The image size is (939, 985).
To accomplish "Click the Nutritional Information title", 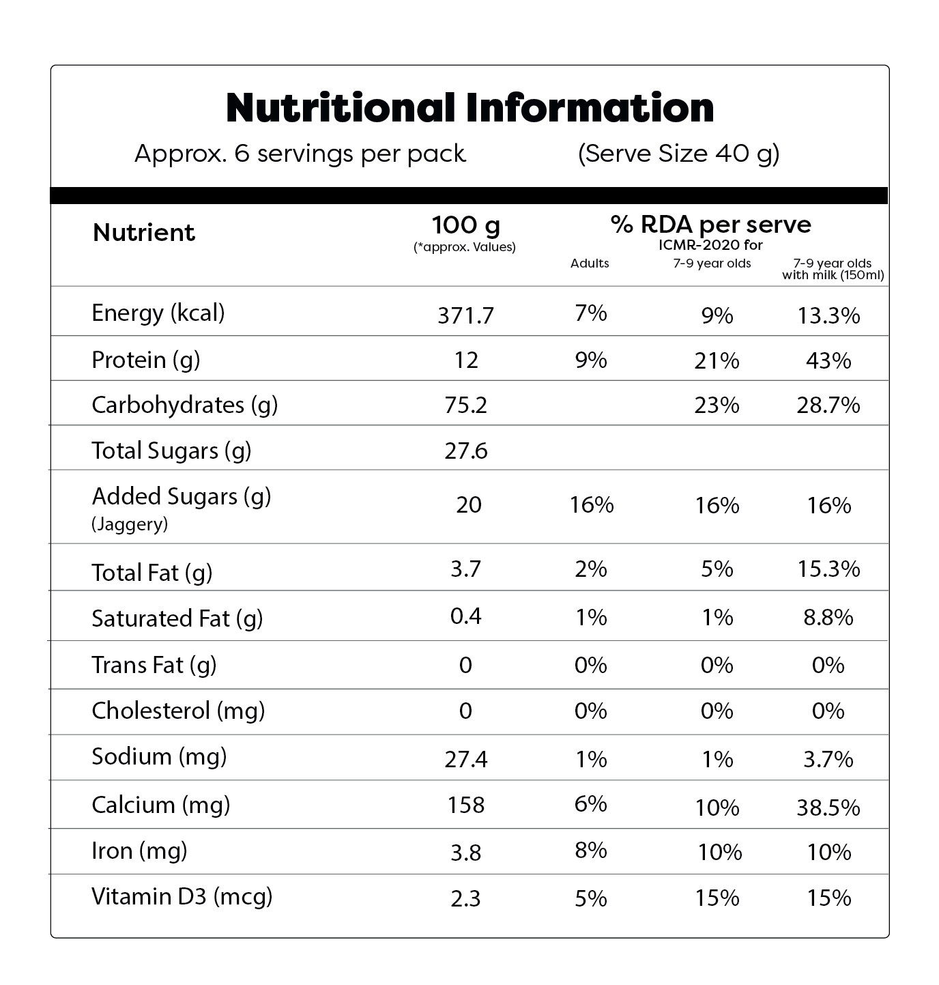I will (470, 108).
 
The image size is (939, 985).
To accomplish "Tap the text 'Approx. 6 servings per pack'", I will (300, 154).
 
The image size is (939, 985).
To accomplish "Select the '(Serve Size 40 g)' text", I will (678, 154).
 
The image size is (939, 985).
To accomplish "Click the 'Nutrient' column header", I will (144, 233).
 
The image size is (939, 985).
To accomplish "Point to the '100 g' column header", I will (465, 225).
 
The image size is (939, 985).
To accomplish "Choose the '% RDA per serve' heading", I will (710, 225).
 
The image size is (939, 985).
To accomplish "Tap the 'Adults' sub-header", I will (590, 263).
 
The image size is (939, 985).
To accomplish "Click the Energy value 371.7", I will (465, 315).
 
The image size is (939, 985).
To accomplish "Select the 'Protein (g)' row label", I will (145, 360).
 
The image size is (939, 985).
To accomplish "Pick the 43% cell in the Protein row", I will (828, 360).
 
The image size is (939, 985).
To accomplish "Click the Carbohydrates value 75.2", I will (465, 405).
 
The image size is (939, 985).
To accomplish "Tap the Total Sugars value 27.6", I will (465, 451).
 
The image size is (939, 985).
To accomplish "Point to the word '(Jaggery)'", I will (130, 524).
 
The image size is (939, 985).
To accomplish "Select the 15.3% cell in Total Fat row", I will (828, 569).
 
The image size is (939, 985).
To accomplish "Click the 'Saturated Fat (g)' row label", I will (177, 618).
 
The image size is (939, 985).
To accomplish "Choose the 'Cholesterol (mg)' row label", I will (178, 711).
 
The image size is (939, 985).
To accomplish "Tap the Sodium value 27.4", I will (465, 759).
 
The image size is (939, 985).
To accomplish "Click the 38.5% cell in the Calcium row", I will (828, 808).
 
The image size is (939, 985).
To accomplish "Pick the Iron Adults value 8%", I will (590, 851).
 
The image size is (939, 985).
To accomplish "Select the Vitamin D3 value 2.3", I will (465, 898).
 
